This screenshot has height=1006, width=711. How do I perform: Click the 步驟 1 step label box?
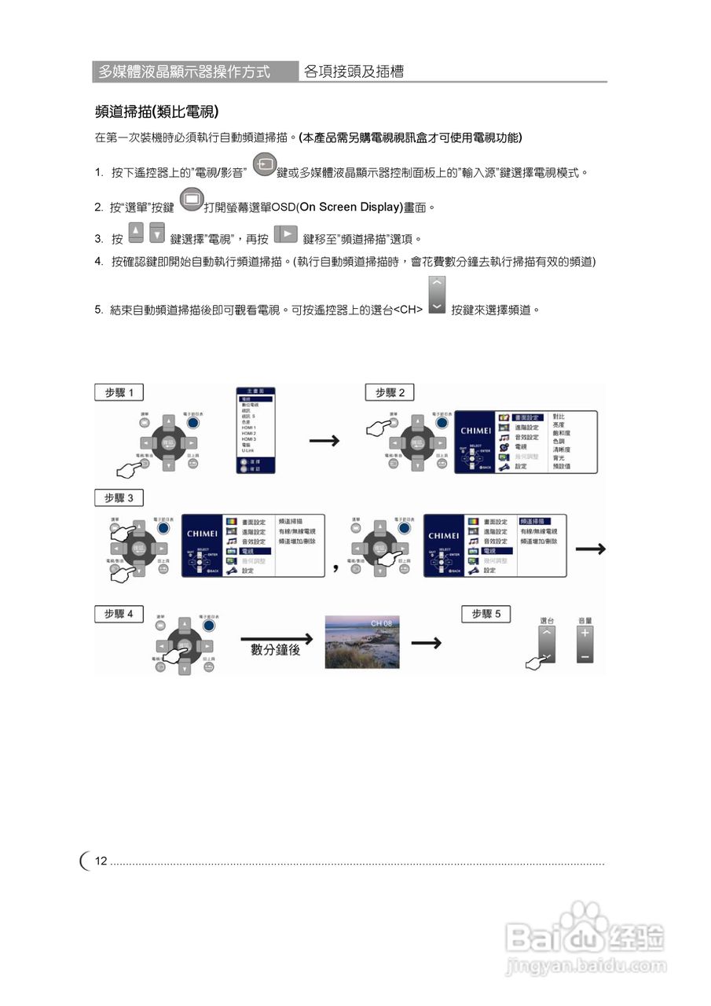[119, 392]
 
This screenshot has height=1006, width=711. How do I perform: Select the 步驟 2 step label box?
[390, 392]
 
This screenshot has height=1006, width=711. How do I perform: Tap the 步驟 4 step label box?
[119, 613]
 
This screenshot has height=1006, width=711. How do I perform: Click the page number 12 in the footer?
[101, 861]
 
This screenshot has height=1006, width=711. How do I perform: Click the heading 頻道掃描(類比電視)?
[156, 111]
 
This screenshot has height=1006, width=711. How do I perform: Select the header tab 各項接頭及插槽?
[354, 72]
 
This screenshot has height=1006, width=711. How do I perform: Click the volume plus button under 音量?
[585, 634]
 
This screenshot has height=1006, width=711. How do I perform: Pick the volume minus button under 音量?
[585, 655]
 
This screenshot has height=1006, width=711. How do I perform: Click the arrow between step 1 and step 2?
[324, 441]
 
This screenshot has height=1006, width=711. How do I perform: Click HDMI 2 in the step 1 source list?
[249, 434]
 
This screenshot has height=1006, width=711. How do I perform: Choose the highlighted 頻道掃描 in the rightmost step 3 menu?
[534, 521]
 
